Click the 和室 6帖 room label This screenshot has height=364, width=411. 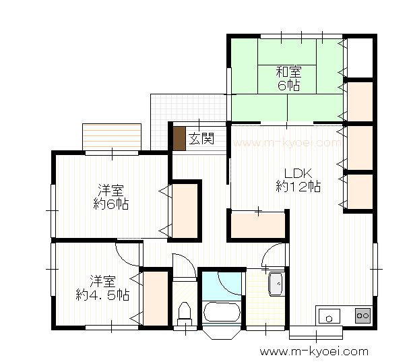click(288, 78)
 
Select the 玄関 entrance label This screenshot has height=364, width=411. click(201, 138)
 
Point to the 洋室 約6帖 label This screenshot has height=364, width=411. click(111, 197)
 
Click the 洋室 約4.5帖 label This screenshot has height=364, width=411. click(102, 288)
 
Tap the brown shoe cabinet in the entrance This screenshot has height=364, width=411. click(179, 138)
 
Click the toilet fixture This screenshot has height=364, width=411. click(185, 314)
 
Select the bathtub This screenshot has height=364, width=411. click(222, 312)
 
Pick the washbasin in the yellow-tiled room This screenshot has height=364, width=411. click(276, 284)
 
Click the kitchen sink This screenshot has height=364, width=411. click(329, 316)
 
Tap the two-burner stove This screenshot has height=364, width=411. click(362, 315)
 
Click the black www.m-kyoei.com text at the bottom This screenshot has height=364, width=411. click(314, 352)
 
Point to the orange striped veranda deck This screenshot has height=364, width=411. click(112, 137)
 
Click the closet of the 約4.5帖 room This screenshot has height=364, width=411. click(156, 298)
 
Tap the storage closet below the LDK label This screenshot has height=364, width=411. click(258, 225)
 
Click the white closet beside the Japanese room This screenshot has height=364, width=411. click(360, 58)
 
